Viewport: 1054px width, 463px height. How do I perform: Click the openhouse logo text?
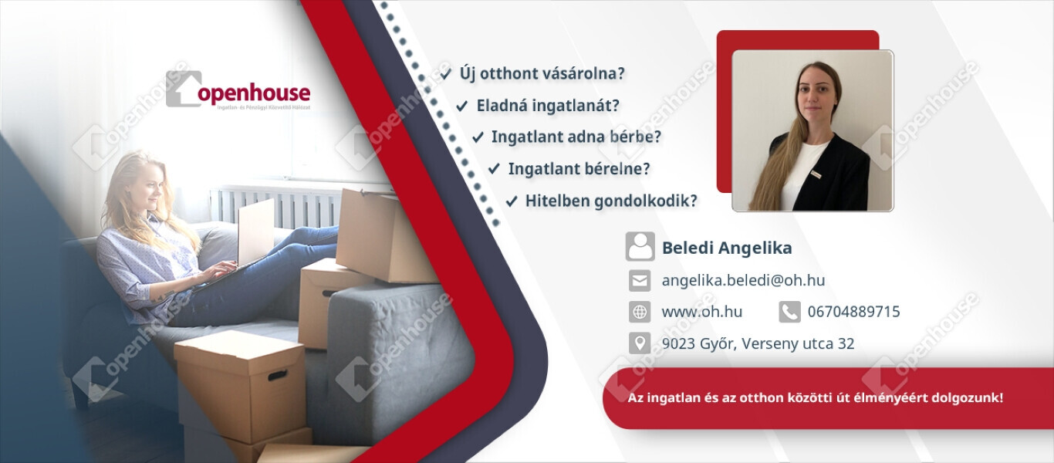click(x=254, y=93)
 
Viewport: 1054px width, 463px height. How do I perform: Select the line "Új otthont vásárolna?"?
click(x=542, y=74)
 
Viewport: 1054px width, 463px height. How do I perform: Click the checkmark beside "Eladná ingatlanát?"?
click(x=461, y=106)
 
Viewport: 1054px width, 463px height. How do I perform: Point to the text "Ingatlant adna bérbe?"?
click(x=576, y=137)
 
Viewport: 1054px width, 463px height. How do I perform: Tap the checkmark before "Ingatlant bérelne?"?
click(x=494, y=169)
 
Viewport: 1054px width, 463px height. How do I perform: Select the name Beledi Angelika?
click(x=727, y=248)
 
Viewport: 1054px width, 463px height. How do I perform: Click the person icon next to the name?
click(x=640, y=246)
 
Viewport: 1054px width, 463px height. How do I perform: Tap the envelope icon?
click(x=640, y=281)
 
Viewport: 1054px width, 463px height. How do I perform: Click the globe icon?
click(x=640, y=312)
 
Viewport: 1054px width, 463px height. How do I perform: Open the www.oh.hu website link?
click(x=702, y=312)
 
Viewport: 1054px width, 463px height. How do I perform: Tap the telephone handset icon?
click(x=789, y=312)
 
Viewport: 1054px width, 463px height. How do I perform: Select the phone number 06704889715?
click(x=854, y=312)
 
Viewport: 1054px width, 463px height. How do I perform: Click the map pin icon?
click(x=640, y=343)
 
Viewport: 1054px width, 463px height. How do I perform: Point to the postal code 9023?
click(x=678, y=343)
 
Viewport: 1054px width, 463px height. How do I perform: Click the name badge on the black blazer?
click(x=816, y=174)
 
